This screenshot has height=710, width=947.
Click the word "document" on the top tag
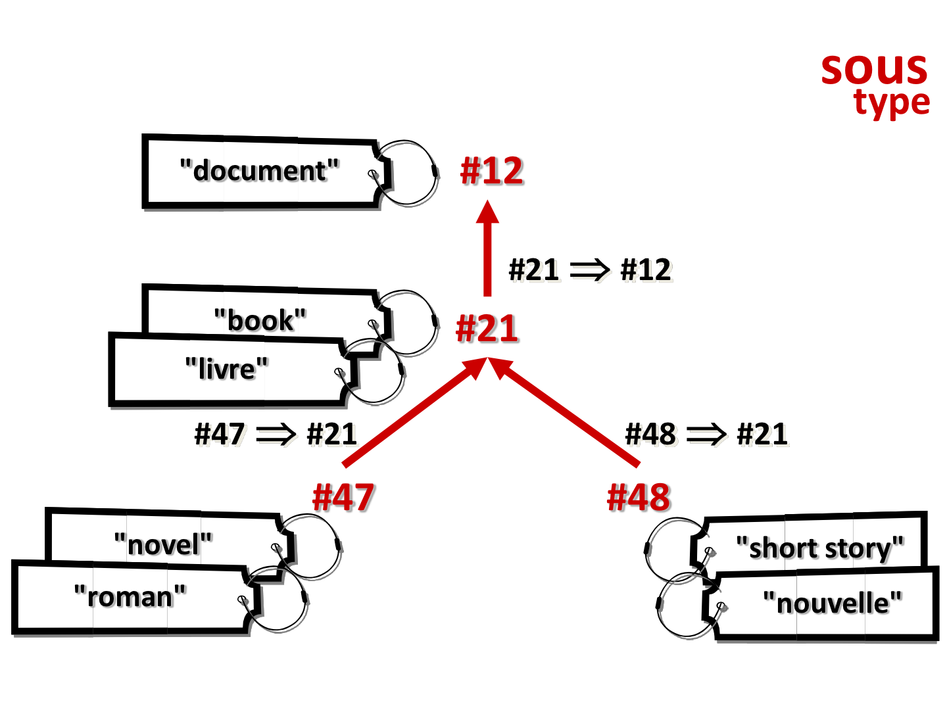259,171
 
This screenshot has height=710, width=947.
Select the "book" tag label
260,320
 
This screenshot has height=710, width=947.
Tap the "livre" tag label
226,369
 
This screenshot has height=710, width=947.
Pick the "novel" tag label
163,544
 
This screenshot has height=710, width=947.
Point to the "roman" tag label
130,597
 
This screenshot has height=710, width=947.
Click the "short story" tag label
819,549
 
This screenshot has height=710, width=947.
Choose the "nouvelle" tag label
832,603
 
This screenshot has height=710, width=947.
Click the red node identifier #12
491,171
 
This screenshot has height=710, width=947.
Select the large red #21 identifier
487,329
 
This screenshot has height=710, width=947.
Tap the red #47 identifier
343,498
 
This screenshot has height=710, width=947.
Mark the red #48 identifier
638,498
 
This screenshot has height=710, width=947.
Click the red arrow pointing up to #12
487,248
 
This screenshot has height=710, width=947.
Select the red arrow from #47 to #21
415,412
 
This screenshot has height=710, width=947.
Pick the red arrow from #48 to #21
564,412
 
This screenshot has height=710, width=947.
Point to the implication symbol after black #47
276,435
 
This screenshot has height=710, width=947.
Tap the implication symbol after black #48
706,435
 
